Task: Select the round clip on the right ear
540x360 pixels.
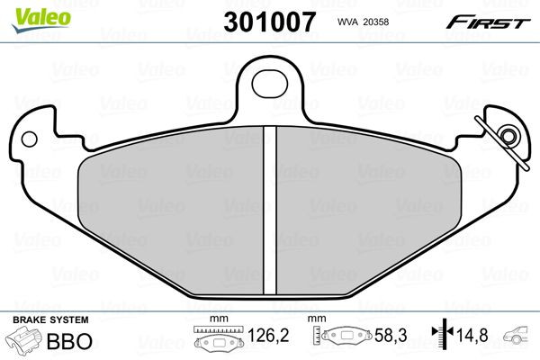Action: tap(508, 137)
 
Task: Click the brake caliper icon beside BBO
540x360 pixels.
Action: tap(25, 343)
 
